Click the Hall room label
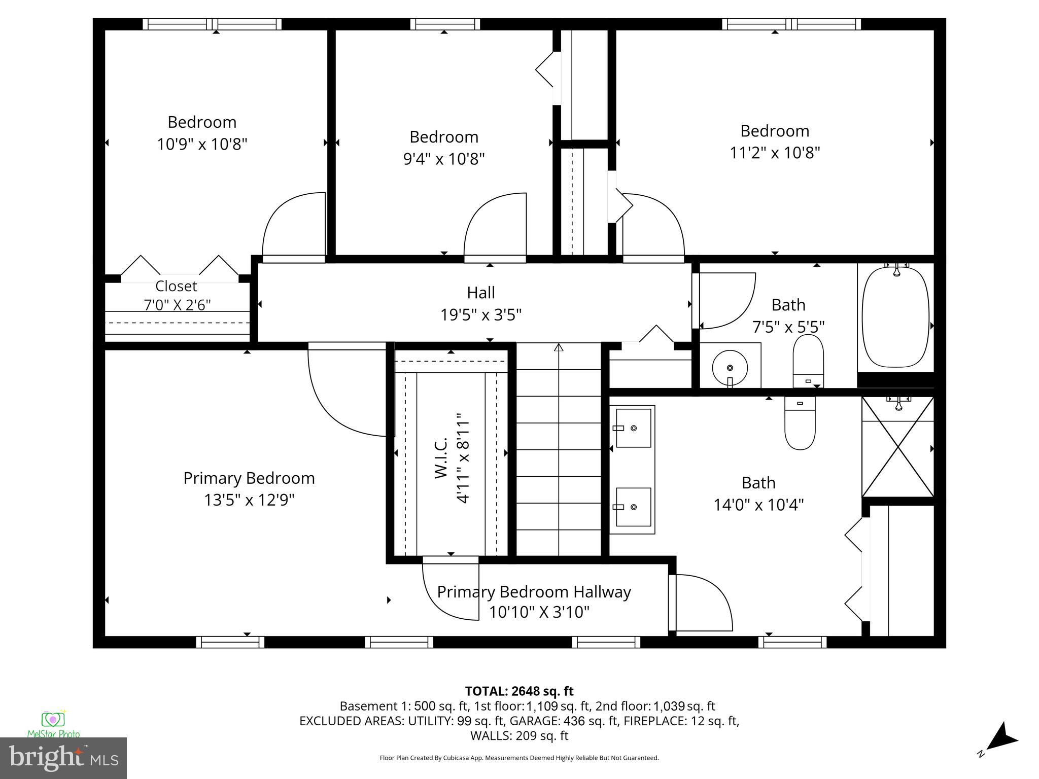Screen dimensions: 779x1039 [x=480, y=293]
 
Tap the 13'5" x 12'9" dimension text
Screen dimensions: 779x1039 [x=249, y=500]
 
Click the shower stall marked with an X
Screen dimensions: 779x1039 [x=897, y=447]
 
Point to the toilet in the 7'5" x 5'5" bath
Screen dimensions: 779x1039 [x=808, y=360]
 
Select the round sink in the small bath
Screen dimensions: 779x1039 [x=730, y=367]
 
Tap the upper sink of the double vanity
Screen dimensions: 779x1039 [x=633, y=428]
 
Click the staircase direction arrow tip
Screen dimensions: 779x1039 [x=559, y=347]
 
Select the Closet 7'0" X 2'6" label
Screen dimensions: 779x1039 [x=177, y=295]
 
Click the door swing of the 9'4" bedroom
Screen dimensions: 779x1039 [x=495, y=226]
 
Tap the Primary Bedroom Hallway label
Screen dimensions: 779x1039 [x=534, y=592]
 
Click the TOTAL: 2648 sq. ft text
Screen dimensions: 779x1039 [x=519, y=691]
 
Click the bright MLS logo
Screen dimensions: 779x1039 [x=63, y=758]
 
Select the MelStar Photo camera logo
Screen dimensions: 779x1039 [x=53, y=720]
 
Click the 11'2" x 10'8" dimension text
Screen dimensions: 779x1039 [x=774, y=153]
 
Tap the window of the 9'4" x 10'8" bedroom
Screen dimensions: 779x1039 [x=445, y=24]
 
